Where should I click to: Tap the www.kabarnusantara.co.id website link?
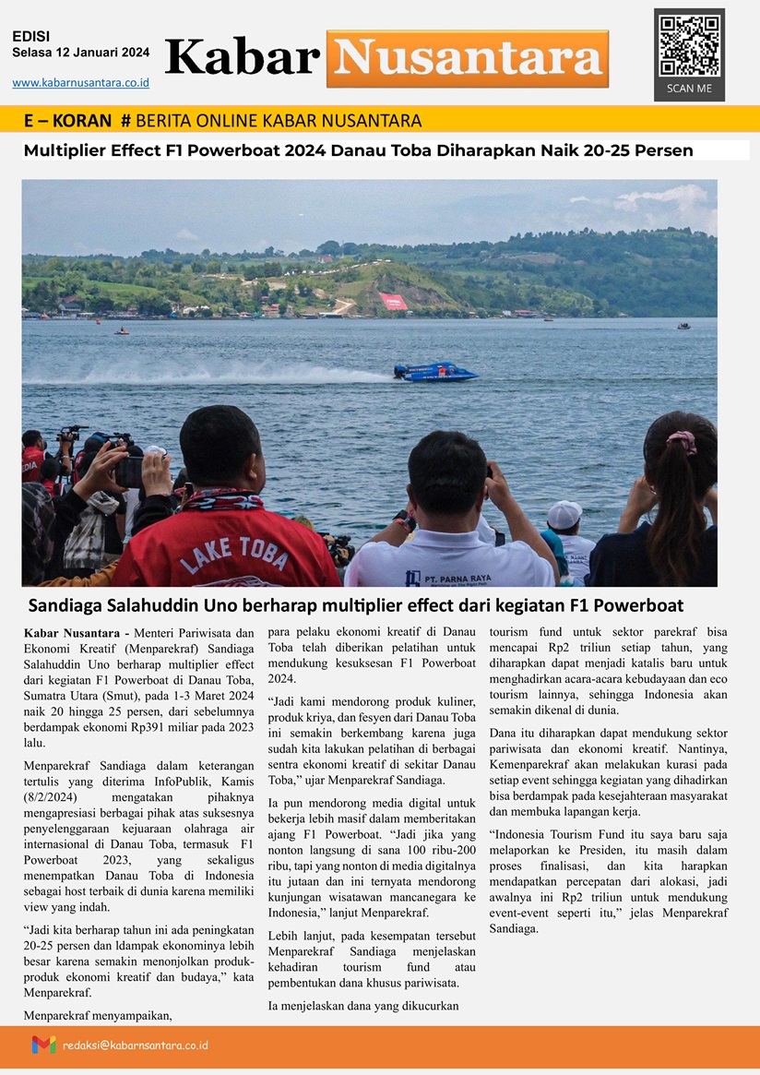80,83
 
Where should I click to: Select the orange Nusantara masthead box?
468,58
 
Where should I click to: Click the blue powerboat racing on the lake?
435,372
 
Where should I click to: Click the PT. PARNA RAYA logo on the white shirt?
449,578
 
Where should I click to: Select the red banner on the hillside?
393,301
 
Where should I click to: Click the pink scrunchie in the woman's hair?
682,442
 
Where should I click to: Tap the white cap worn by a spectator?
564,513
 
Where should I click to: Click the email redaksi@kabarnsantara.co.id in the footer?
136,1045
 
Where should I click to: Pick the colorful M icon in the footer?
43,1045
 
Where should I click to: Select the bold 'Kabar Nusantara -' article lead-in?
77,633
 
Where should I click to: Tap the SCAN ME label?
689,89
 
